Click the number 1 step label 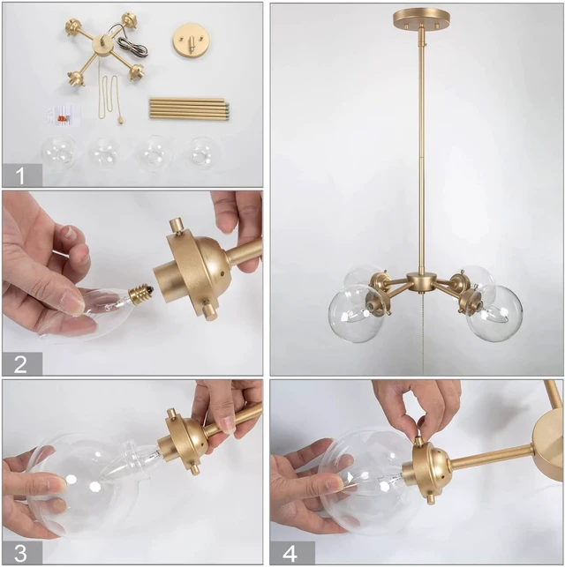pos(20,175)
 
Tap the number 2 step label pos(20,364)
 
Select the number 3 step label pos(20,553)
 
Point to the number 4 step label pos(290,553)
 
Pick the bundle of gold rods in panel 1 pos(189,108)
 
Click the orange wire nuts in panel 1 pos(64,117)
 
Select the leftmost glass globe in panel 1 pos(59,153)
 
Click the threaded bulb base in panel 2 pos(139,291)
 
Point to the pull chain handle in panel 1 pos(120,119)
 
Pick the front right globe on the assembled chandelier pos(494,313)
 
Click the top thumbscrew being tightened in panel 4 pos(419,442)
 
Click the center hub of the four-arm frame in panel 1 pos(100,47)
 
